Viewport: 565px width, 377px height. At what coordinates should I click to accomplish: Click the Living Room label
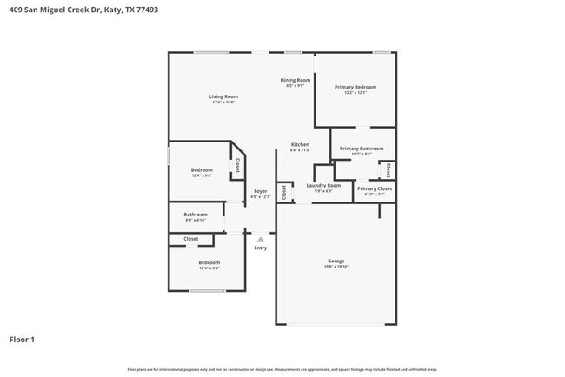223,96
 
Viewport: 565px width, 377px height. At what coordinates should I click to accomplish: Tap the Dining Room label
295,80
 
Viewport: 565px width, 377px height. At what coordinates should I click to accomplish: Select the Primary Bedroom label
356,87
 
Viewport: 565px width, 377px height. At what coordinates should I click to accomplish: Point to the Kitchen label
300,144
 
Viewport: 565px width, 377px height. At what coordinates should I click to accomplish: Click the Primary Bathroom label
361,149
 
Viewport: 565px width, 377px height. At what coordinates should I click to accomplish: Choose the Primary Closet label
374,188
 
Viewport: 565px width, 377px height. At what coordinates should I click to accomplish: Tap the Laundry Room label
323,185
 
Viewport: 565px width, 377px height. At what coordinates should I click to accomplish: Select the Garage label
336,261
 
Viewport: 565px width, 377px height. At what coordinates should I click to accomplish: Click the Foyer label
261,191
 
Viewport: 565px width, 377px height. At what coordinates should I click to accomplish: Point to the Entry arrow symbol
260,239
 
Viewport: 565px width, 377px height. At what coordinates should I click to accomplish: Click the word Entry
261,248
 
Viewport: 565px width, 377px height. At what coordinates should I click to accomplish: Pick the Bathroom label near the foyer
196,215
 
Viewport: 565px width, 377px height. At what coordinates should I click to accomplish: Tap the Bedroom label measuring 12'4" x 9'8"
202,170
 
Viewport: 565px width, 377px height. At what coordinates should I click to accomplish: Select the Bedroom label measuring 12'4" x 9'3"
209,262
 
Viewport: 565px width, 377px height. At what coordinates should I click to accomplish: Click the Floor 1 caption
22,340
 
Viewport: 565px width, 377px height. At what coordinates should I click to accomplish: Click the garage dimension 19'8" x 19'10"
336,267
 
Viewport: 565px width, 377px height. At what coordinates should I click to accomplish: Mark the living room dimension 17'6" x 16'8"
223,103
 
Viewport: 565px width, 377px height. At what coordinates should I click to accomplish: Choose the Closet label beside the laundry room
283,193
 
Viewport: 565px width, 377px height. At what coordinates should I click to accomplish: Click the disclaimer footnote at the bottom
282,369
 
